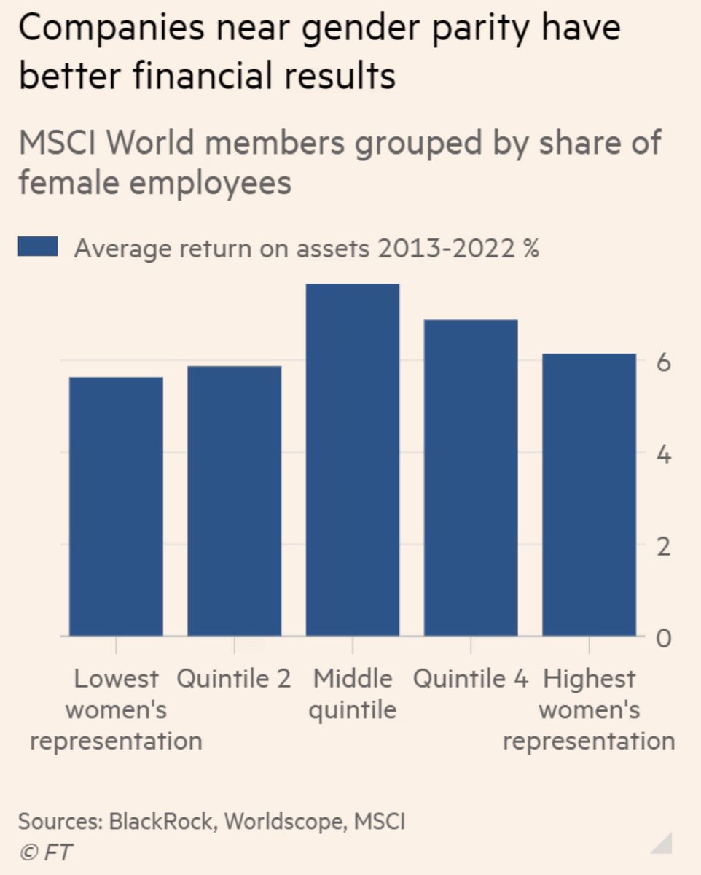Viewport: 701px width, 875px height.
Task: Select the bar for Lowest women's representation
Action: (x=116, y=506)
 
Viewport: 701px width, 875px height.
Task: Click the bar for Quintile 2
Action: (x=234, y=501)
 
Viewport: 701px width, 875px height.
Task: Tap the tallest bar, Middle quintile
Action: (x=353, y=459)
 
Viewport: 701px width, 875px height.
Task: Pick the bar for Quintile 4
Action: (x=471, y=478)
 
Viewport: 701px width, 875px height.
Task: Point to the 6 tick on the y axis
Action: (x=663, y=362)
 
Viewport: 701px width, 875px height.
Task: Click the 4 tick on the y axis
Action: (x=663, y=454)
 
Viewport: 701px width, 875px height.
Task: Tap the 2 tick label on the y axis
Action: (x=663, y=547)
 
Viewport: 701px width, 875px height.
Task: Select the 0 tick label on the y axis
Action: (x=663, y=639)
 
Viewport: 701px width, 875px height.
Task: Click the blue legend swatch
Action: (x=38, y=249)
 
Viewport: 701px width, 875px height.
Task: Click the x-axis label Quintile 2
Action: (x=234, y=679)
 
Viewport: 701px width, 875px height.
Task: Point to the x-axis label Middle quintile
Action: (x=353, y=694)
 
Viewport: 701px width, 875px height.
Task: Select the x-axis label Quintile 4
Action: (x=471, y=679)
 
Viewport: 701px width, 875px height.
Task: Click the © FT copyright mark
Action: (x=45, y=851)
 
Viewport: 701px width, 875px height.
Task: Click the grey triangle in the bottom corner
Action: (x=663, y=846)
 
